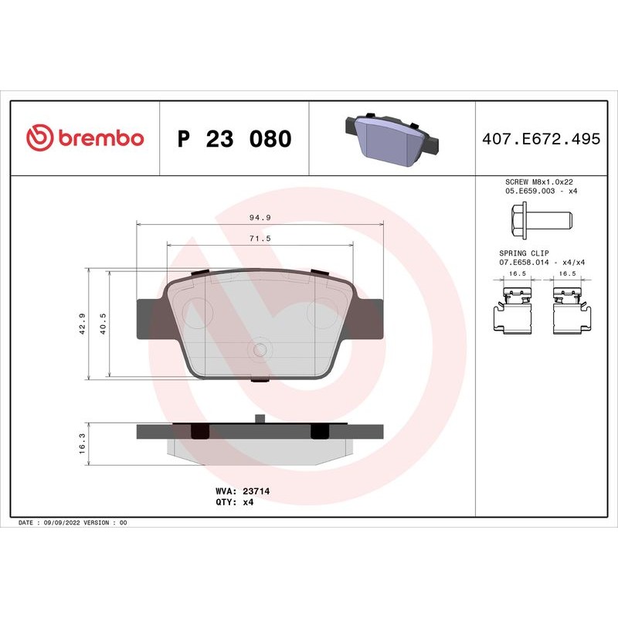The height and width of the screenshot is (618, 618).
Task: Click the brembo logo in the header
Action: [85, 138]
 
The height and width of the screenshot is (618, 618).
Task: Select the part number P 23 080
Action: [234, 139]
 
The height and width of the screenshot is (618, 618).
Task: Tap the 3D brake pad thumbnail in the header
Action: [391, 137]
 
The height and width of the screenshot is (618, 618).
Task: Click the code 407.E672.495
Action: [541, 139]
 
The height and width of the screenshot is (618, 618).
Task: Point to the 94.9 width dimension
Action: [260, 218]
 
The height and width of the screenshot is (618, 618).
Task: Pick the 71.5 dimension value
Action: [260, 239]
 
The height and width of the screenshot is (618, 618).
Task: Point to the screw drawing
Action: [540, 220]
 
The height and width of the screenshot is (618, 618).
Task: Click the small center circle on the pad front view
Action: [260, 350]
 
